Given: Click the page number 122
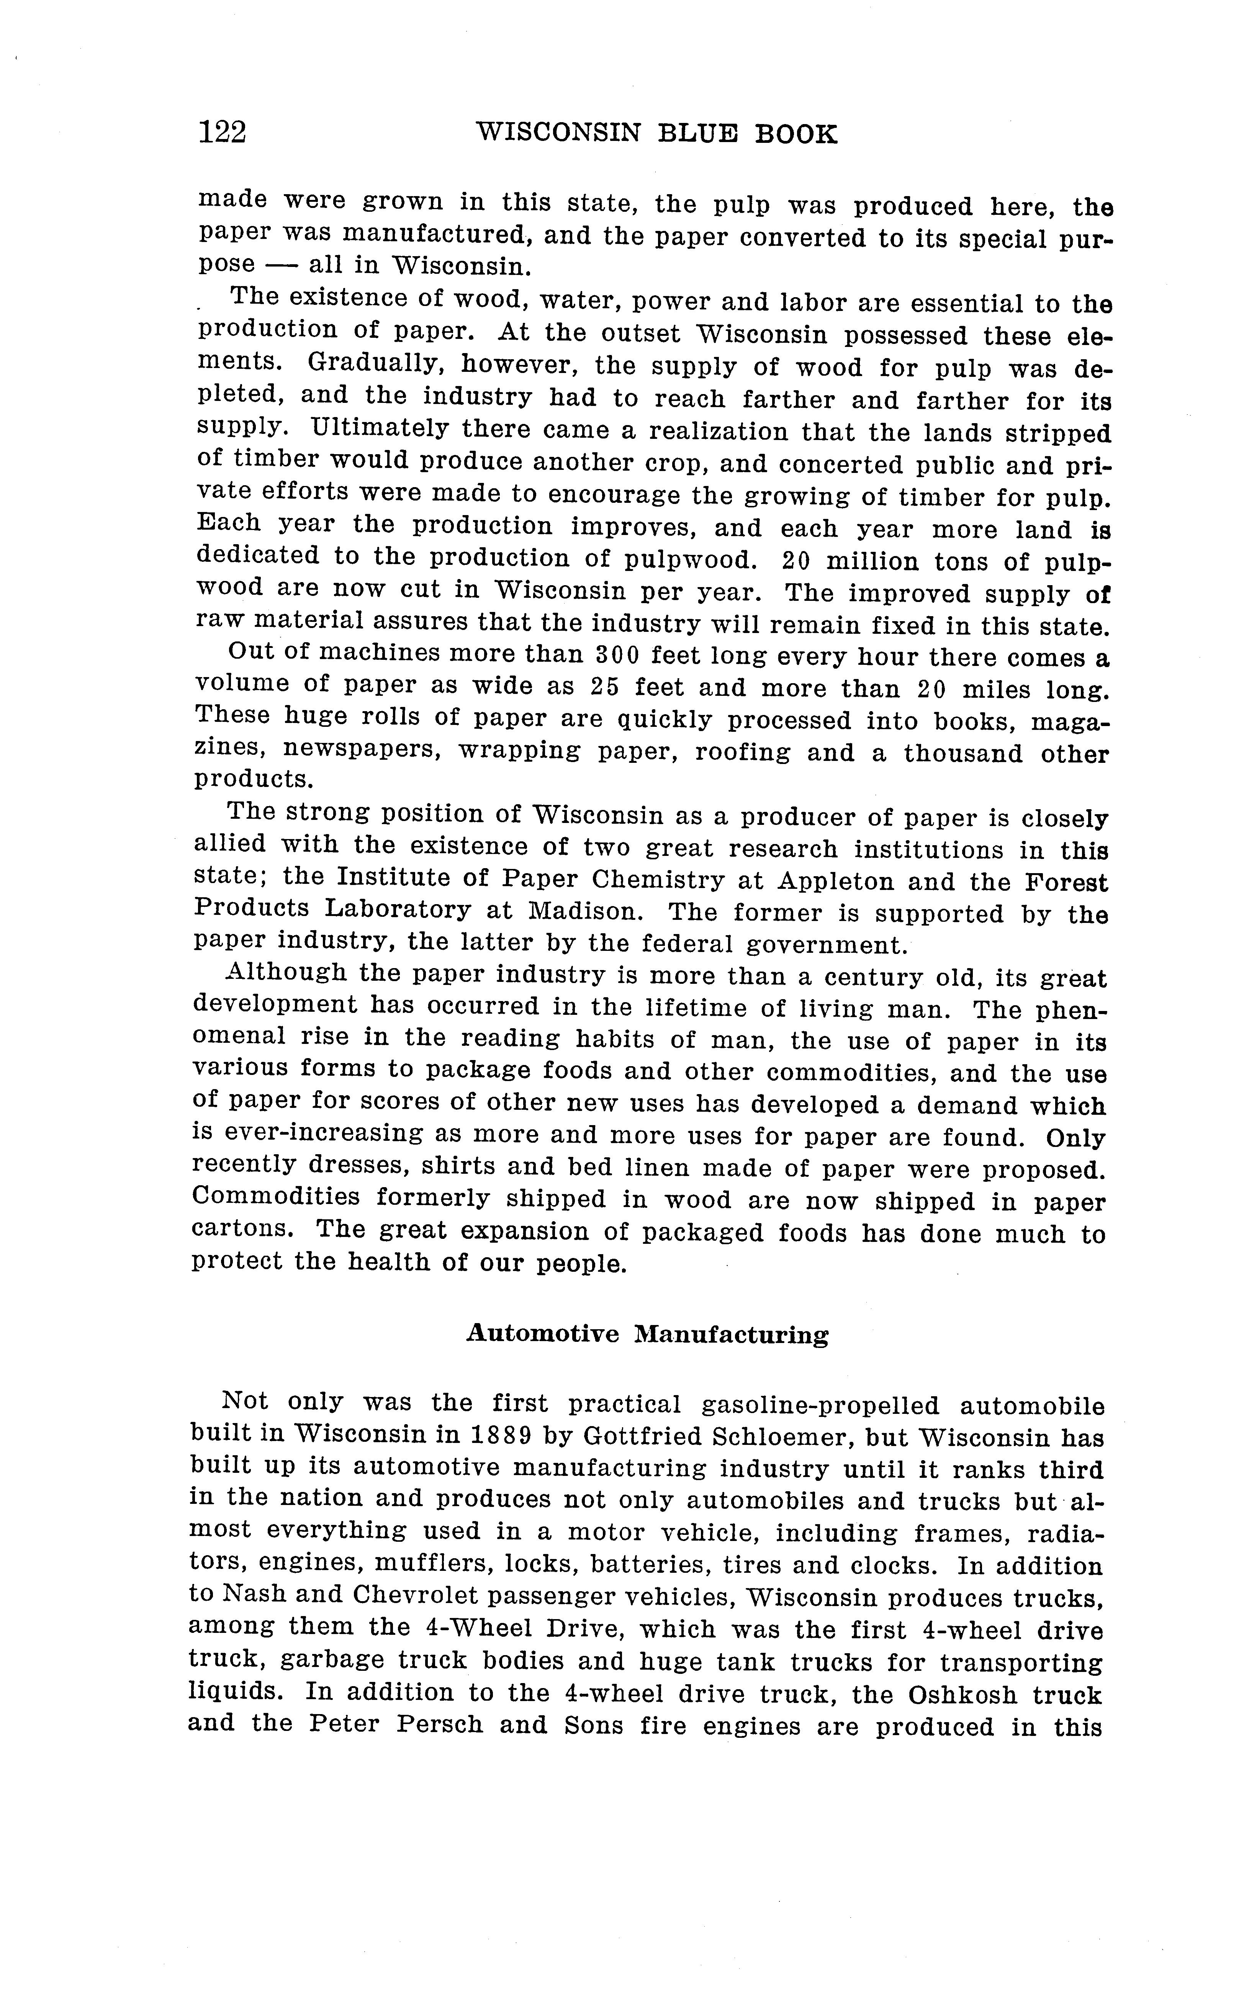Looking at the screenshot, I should (x=222, y=132).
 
